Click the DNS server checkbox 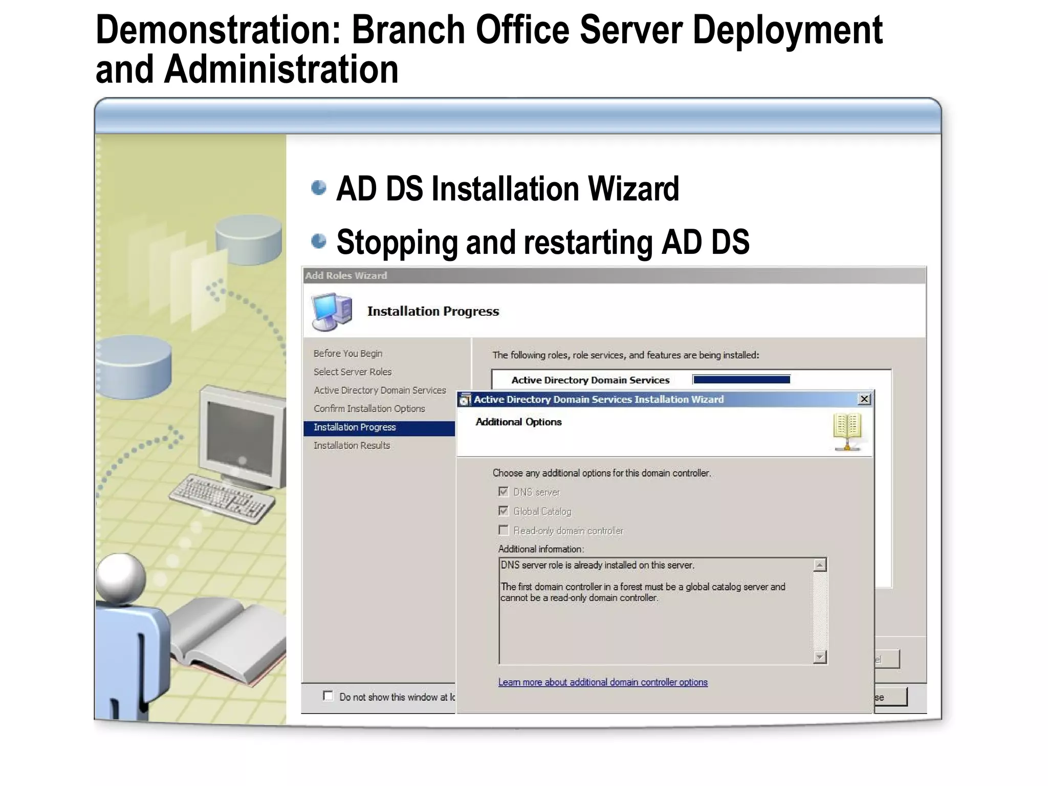point(504,492)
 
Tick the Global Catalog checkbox point(504,511)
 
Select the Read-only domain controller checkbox point(504,530)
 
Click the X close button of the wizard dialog point(864,399)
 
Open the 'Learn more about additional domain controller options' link point(603,682)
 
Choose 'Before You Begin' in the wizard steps point(348,354)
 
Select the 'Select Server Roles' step point(353,372)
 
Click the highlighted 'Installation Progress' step point(355,427)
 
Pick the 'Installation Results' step point(352,446)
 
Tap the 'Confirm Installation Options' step point(369,409)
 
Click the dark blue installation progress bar point(741,380)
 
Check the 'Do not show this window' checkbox point(328,696)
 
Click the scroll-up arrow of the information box point(820,565)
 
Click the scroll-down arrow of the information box point(820,657)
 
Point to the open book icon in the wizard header point(847,431)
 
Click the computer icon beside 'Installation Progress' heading point(332,311)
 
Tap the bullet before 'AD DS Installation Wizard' point(318,188)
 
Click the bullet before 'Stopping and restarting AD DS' point(318,241)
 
